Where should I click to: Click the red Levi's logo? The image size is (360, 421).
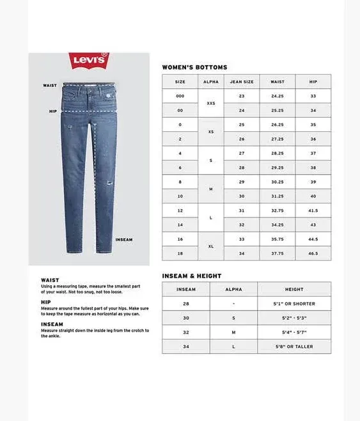point(90,61)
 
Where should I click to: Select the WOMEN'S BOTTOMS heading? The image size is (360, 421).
point(194,67)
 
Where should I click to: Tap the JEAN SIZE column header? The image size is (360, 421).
point(242,82)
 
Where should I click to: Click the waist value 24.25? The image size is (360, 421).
point(278,96)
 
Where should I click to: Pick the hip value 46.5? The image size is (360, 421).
point(313,253)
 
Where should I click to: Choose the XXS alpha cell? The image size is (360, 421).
point(211,103)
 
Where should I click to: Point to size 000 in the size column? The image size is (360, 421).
point(180,96)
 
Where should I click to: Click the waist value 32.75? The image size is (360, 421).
point(278,210)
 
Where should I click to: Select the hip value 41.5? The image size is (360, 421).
point(313,210)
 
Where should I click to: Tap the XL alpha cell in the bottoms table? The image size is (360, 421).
point(211,246)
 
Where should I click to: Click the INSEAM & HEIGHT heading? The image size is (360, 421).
point(192,276)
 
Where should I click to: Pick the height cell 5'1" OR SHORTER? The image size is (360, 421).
point(295,304)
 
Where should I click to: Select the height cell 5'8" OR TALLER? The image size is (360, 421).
point(295,346)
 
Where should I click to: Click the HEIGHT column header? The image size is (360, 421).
point(295,289)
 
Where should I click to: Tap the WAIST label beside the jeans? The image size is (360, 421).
point(50,85)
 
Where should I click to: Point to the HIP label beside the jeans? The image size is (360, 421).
point(53,111)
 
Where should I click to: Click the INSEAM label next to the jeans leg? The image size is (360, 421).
point(123,240)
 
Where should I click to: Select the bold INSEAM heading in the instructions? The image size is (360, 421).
point(52,324)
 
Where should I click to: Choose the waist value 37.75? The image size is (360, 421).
point(278,253)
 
